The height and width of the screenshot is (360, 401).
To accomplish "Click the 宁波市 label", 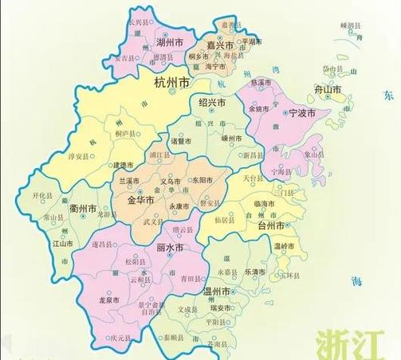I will pos(302,114).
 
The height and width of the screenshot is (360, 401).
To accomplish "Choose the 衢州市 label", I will pos(83,210).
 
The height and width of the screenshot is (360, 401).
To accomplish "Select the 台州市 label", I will pos(267,226).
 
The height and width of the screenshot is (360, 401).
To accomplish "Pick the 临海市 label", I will pos(264,205).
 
